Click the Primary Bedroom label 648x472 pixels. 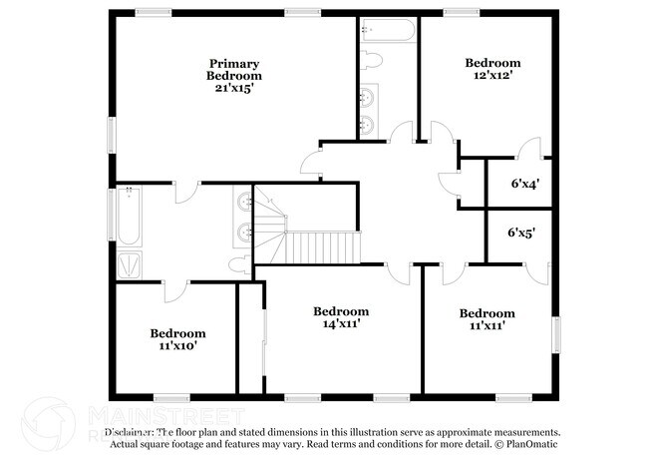coord(234,69)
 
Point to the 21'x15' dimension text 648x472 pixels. coord(234,87)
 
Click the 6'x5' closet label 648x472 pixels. coord(521,233)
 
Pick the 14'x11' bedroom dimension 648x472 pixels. coord(341,323)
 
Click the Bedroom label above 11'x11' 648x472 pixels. coord(487,312)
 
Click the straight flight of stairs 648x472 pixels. coord(323,245)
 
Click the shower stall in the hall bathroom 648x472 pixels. coord(130,264)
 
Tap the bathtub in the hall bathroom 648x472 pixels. coord(129,217)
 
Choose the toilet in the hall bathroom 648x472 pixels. coord(237,263)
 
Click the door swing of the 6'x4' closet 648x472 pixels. coord(533,146)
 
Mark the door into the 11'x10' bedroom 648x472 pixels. coord(175,291)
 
